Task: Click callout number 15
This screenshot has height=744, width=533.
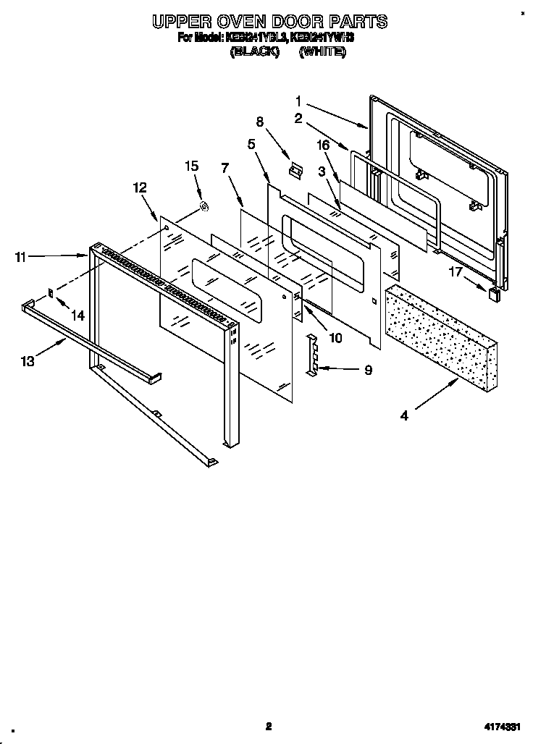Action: tap(191, 166)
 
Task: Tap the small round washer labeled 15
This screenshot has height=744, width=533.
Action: tap(204, 208)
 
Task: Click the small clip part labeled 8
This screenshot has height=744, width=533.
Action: tap(294, 169)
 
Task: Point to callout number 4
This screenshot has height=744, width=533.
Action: tap(404, 415)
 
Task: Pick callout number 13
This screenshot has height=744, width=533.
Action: tap(27, 361)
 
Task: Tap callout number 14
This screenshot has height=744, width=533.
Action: tap(77, 315)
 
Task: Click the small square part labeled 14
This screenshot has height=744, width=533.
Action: tap(51, 292)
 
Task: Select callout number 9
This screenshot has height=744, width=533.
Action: tap(368, 370)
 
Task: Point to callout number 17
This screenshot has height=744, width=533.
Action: tap(454, 272)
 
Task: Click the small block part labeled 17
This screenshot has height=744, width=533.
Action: tap(495, 293)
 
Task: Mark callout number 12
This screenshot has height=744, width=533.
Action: tap(140, 187)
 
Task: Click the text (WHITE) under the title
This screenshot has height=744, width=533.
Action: tap(322, 52)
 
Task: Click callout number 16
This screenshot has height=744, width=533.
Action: tap(323, 145)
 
